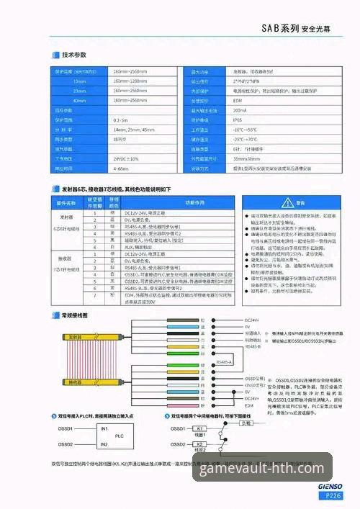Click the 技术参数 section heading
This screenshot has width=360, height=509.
point(74,55)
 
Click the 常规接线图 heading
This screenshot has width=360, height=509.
point(74,315)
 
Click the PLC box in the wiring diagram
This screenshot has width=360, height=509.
point(120,436)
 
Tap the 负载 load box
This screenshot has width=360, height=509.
point(246,423)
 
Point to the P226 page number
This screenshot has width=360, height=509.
point(332,496)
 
